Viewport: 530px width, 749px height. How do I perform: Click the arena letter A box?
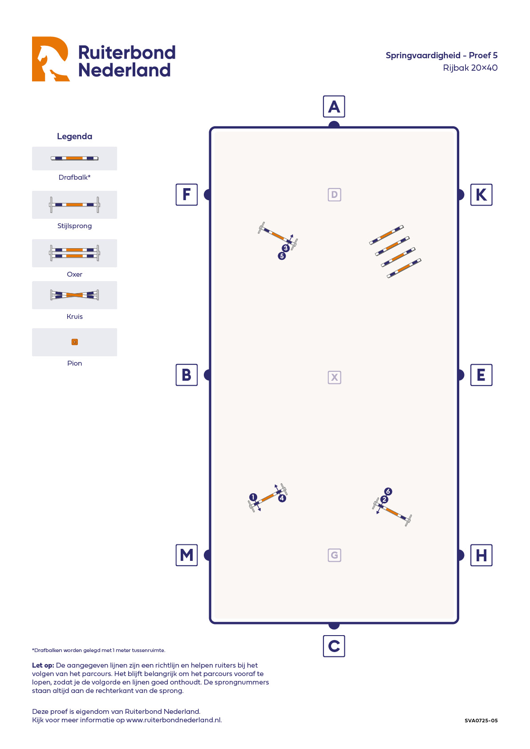tap(334, 107)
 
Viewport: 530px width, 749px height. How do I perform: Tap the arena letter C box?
tap(334, 646)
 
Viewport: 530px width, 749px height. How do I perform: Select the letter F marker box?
tap(186, 194)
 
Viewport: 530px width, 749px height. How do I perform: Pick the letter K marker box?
tap(481, 194)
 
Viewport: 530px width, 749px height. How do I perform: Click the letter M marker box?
tap(186, 555)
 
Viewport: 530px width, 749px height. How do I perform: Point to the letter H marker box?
tap(481, 555)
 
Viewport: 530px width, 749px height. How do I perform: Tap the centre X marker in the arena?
tap(334, 377)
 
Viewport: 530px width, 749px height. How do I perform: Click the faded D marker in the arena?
tap(334, 194)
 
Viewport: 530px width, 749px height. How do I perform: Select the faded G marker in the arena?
tap(334, 555)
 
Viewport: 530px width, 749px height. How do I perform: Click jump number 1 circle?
tap(253, 497)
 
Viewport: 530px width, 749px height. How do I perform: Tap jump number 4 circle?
tap(282, 498)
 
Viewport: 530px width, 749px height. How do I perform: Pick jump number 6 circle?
tap(388, 491)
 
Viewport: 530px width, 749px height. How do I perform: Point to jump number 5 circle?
tap(282, 256)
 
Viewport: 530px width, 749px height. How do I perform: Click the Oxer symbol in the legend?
tap(74, 253)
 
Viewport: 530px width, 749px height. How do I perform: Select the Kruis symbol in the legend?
tap(74, 295)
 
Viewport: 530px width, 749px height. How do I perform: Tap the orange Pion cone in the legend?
tap(75, 342)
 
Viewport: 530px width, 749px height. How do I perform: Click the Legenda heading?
tap(74, 137)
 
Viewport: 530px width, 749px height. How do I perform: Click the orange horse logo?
tap(50, 59)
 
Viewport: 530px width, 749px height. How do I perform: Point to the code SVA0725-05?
tap(481, 721)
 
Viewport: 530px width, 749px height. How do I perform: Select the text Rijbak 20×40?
tap(470, 68)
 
